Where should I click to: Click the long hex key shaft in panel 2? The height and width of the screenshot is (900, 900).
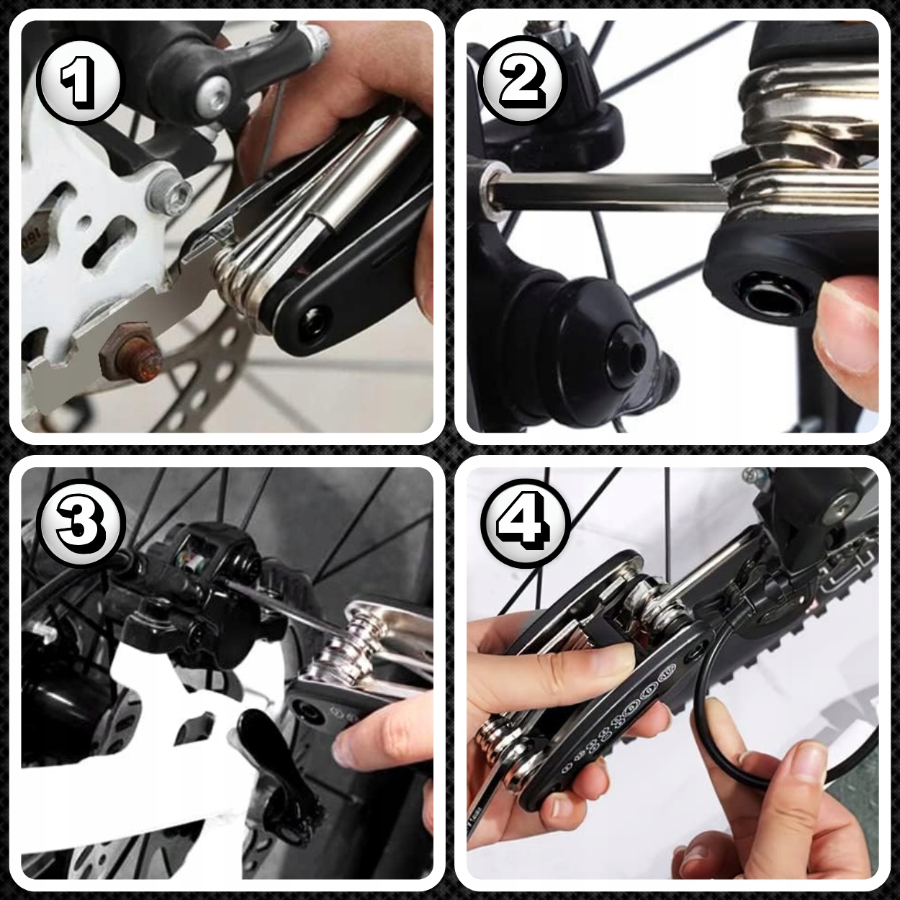tap(605, 189)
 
